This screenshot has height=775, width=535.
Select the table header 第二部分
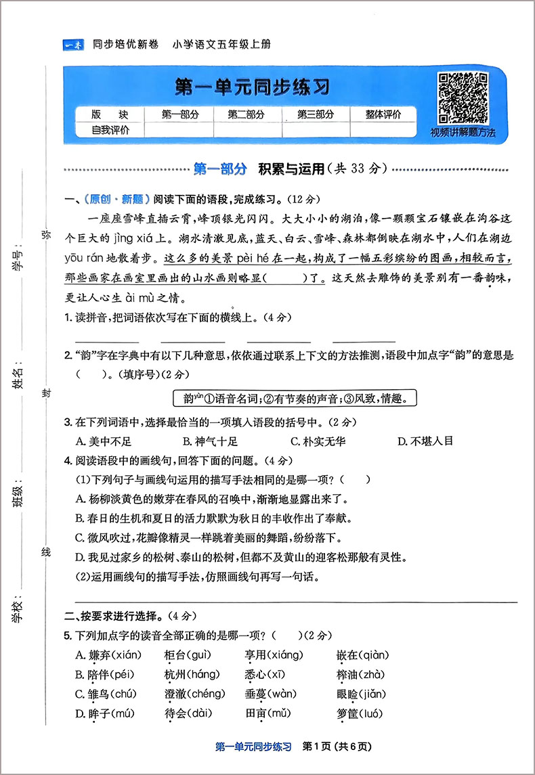(246, 114)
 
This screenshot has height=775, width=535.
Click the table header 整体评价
(383, 114)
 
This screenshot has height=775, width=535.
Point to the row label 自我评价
(110, 130)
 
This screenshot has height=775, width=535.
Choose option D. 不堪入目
(425, 441)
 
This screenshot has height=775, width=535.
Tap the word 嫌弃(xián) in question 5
(107, 655)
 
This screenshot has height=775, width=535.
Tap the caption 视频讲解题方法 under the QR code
(463, 133)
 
